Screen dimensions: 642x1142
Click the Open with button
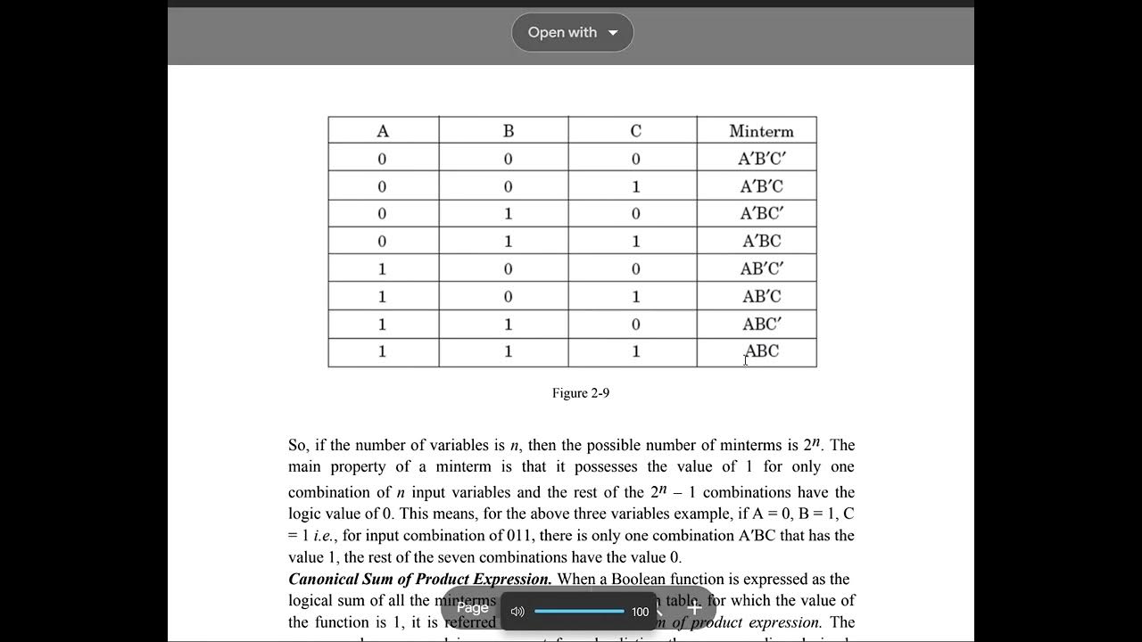572,32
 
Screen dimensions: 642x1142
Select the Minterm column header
761,131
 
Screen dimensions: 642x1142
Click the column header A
383,131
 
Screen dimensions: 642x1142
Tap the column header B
509,131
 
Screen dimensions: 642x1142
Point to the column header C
635,131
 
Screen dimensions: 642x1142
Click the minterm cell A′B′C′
761,159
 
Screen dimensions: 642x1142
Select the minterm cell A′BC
761,241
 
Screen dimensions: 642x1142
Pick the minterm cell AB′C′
761,268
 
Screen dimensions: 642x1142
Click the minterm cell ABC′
761,324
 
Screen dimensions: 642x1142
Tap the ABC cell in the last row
761,351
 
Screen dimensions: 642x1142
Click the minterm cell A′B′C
761,186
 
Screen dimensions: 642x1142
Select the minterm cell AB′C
761,296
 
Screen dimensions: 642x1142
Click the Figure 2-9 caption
580,393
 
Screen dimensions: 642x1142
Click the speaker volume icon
517,612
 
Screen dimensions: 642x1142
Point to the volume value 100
640,612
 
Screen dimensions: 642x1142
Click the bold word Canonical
324,580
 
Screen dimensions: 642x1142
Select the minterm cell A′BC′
761,213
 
